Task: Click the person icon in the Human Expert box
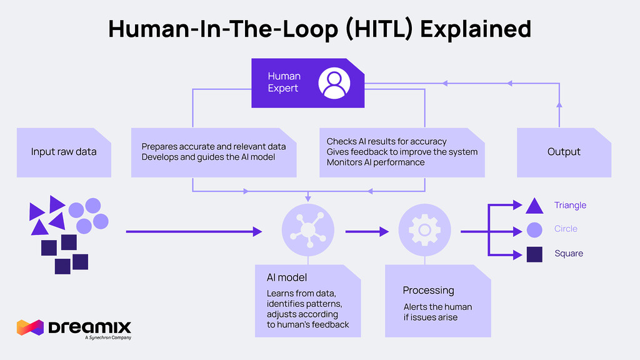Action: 333,83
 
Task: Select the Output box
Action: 564,152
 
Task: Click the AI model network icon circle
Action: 307,230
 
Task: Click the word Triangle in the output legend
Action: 570,205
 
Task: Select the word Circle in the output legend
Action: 566,229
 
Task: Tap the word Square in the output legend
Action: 568,253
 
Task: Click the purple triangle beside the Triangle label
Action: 534,206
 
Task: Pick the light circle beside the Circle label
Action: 534,229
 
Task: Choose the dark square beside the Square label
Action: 534,254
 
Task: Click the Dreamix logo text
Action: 89,327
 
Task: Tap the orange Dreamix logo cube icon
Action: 29,328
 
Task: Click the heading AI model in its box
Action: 287,277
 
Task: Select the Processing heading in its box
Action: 428,290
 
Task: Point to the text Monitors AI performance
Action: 375,162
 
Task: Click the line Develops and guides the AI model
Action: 208,157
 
